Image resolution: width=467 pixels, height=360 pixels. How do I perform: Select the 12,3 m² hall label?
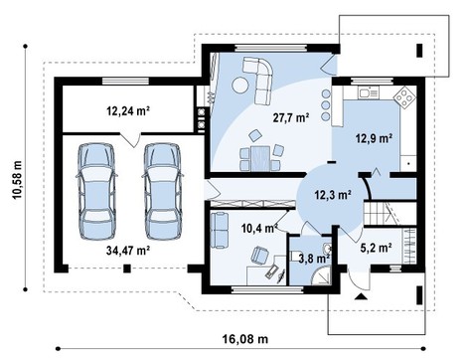coord(332,196)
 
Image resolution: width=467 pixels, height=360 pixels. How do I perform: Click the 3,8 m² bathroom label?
coord(311,263)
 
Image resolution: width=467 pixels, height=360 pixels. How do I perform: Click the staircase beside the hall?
coord(383,211)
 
